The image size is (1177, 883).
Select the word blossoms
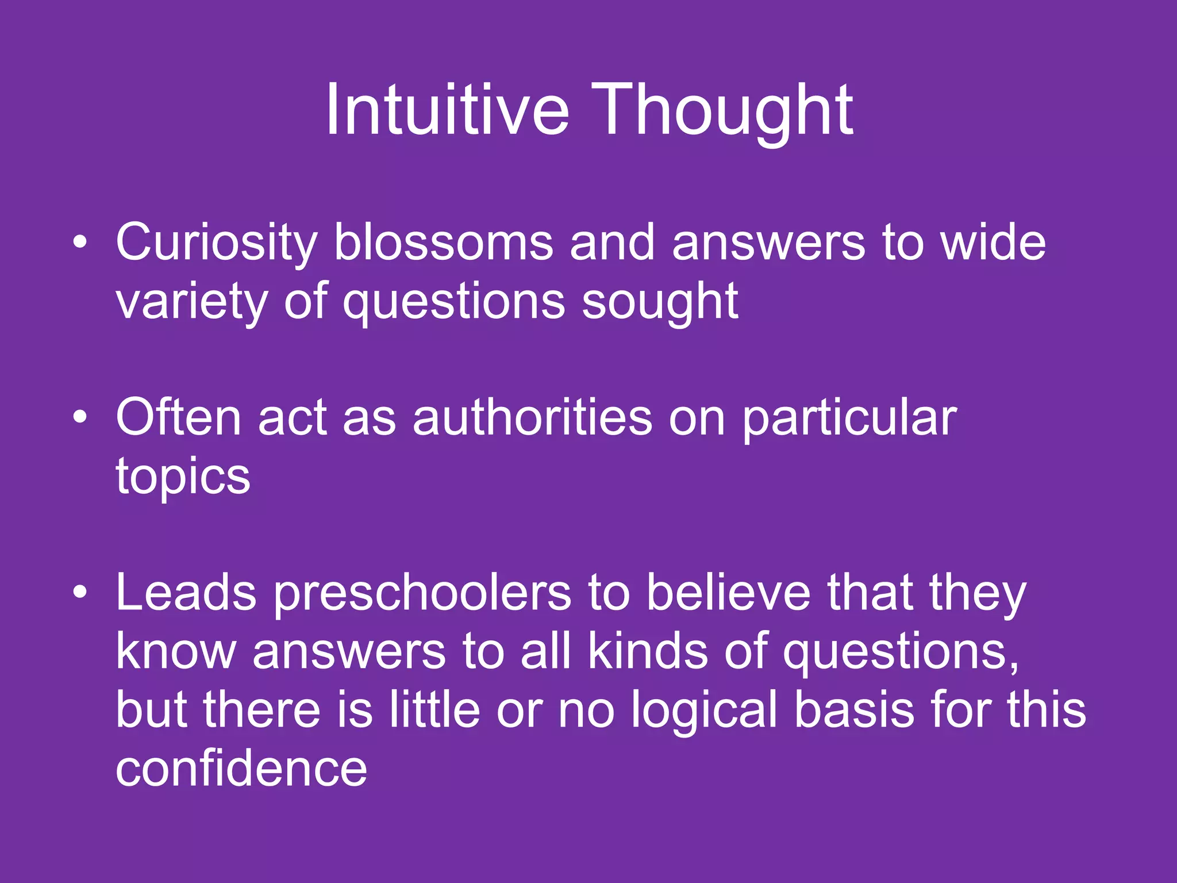click(443, 243)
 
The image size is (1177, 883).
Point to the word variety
click(191, 302)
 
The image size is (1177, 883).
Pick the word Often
click(178, 417)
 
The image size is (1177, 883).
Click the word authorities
click(532, 417)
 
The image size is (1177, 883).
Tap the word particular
click(849, 419)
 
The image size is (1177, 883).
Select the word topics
click(183, 477)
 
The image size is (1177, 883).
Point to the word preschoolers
click(422, 593)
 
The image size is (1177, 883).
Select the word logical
click(704, 711)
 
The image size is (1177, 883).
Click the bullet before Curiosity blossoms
click(80, 243)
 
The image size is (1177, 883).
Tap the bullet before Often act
click(80, 417)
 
